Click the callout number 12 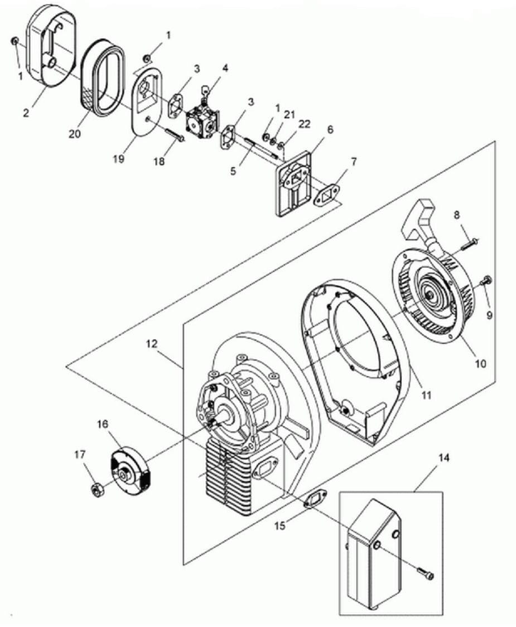[152, 344]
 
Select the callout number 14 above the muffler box [443, 457]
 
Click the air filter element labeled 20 [103, 80]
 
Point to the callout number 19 [118, 159]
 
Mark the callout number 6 [330, 129]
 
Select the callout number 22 [304, 124]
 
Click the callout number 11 [427, 395]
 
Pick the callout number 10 [480, 363]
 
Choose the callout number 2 [26, 113]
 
